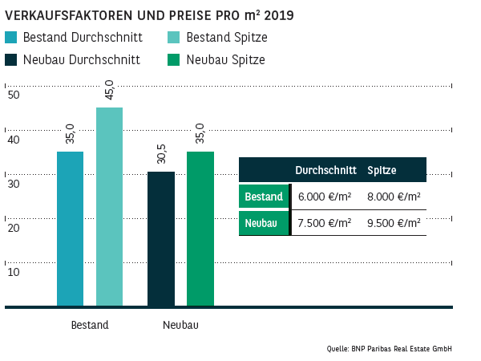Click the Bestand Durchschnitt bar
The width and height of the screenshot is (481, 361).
[x=70, y=229]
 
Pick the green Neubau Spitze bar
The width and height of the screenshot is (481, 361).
[x=200, y=229]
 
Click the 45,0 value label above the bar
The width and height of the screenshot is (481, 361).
[x=110, y=91]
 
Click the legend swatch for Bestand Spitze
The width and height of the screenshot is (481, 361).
[x=172, y=37]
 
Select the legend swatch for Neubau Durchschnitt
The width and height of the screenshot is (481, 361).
[x=10, y=59]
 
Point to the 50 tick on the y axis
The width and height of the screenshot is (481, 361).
[x=13, y=95]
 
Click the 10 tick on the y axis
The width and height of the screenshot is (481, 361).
[x=13, y=272]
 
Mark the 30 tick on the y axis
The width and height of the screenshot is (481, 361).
[x=13, y=184]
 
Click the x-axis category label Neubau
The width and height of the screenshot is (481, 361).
[x=180, y=325]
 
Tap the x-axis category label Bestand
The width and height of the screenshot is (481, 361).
[x=90, y=325]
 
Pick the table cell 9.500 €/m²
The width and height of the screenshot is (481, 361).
[x=394, y=223]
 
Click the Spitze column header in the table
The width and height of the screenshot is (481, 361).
[x=382, y=170]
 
